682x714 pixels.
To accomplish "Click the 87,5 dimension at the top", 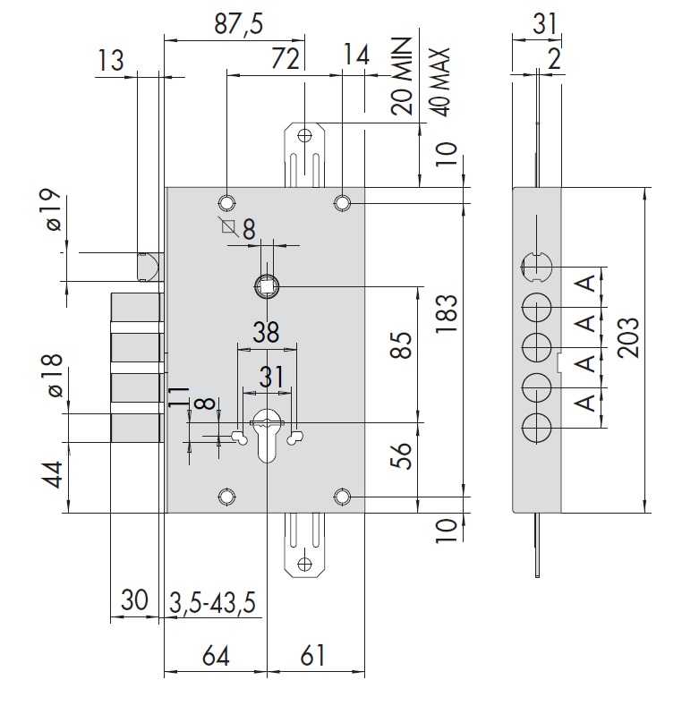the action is coord(238,23).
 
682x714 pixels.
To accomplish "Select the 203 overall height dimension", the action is coord(628,337).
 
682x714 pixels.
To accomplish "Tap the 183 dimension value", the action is coord(446,314).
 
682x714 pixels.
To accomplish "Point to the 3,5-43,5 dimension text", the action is coord(212,603).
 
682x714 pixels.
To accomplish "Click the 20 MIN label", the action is coord(401,76).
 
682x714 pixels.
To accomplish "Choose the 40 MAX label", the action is coord(439,82).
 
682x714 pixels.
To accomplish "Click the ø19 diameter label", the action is coord(54,209).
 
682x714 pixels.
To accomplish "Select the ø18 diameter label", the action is coord(52,375).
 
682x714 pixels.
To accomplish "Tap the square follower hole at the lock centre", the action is coord(266,286).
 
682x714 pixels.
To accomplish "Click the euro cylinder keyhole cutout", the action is coord(267,435).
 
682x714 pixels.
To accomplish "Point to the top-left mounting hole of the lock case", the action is coord(226,202).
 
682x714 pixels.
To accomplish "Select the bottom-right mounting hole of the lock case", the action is coord(342,497).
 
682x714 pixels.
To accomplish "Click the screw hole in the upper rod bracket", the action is coord(304,135).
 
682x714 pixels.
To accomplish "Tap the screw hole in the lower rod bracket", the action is coord(304,564).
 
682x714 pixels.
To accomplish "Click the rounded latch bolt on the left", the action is coord(149,267).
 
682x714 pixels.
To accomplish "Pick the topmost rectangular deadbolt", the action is coord(137,308).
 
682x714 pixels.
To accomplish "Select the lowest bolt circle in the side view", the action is coord(536,428).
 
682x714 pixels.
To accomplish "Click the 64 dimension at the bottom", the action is coord(216,656).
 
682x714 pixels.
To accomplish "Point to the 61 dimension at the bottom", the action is coord(313,656).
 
